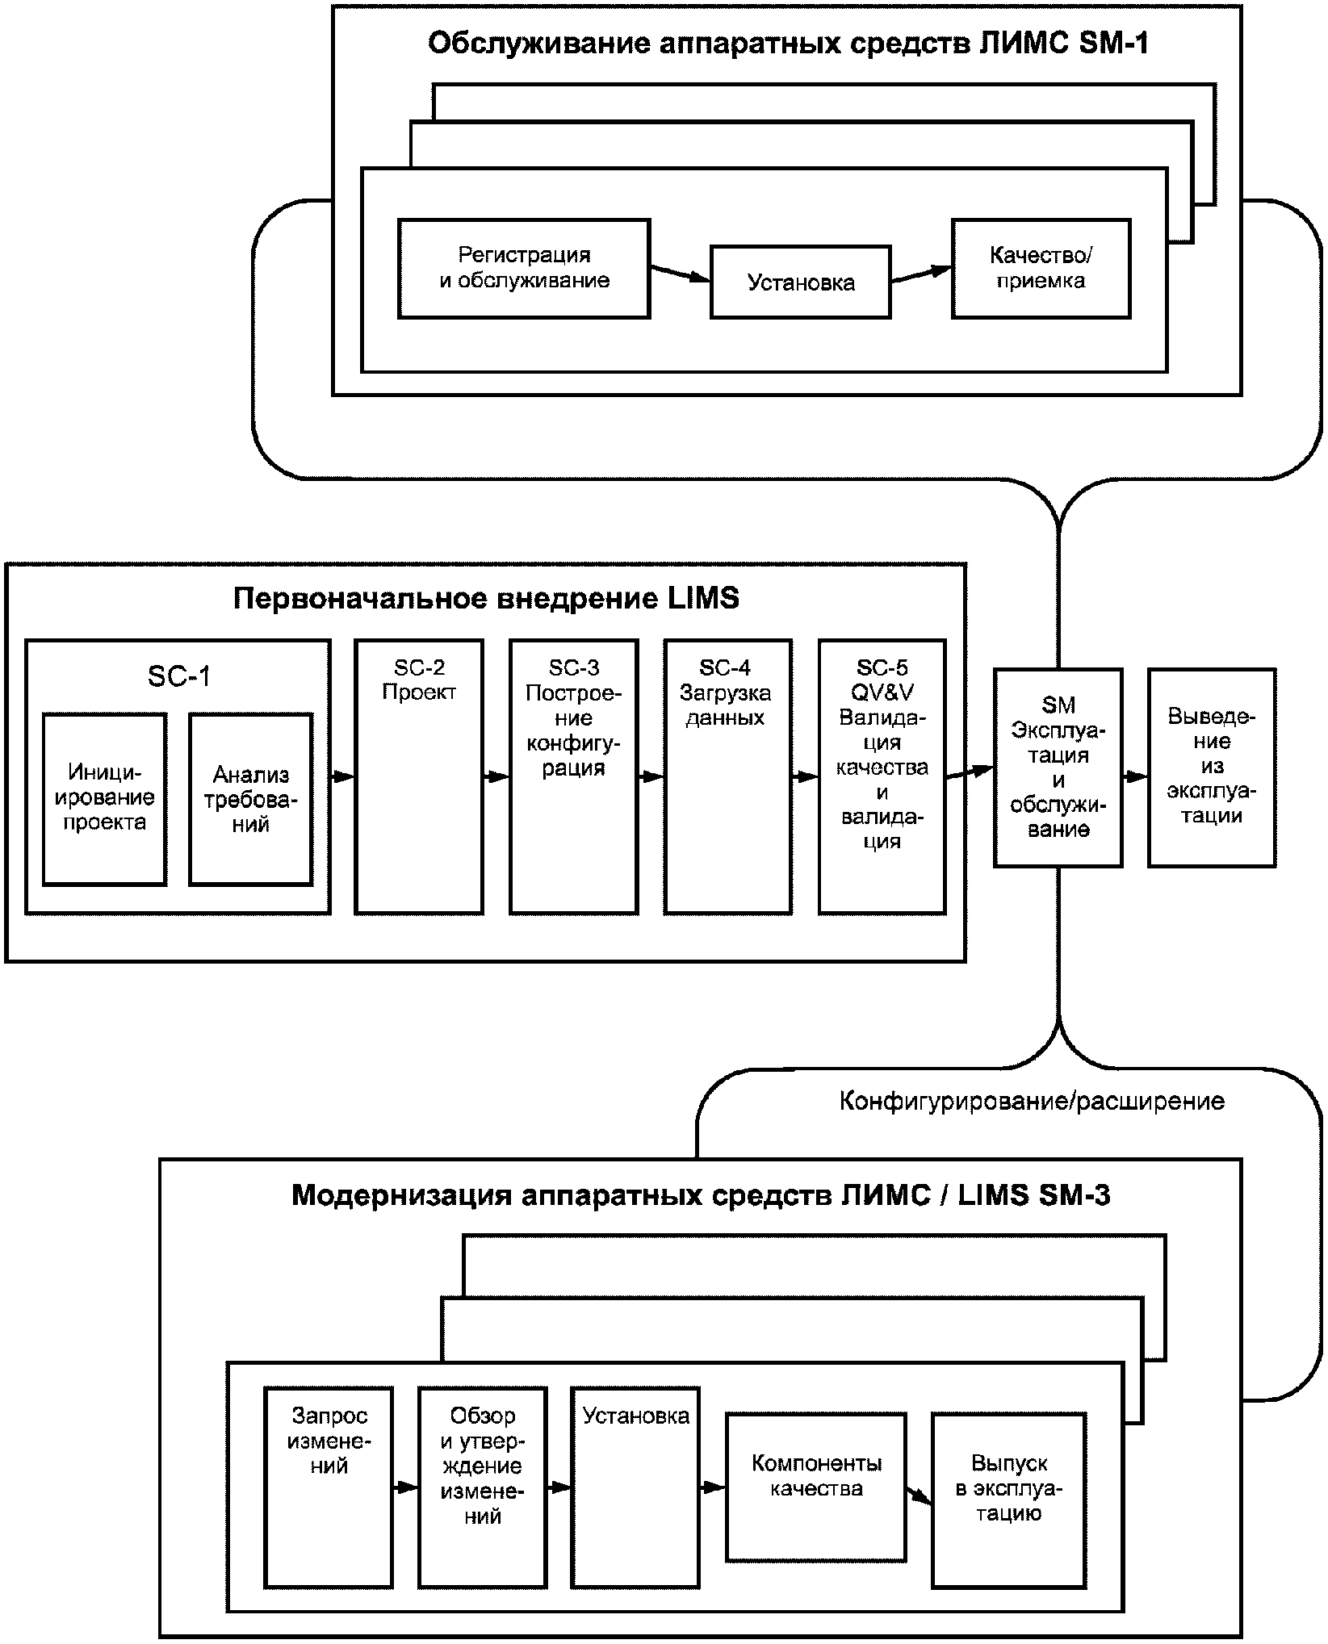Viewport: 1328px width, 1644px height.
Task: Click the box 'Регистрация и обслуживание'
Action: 524,268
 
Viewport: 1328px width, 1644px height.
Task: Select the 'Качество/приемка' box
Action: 1041,268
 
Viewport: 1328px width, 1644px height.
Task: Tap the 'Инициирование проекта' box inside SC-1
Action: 105,799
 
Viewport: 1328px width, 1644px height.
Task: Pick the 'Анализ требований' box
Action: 251,799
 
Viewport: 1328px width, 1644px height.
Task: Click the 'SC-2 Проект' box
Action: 419,776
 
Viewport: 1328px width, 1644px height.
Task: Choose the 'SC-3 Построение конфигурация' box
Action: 573,776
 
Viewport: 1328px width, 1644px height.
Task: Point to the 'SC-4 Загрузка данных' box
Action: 727,776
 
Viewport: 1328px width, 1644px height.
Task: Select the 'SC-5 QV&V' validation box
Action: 882,776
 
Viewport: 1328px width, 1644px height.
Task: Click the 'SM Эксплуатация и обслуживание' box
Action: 1058,768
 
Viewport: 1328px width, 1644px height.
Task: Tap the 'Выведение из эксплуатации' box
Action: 1212,768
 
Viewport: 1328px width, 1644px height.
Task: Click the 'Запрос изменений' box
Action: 329,1487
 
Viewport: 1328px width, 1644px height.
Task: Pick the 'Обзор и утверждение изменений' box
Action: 482,1487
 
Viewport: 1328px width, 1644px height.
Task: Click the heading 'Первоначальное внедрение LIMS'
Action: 486,599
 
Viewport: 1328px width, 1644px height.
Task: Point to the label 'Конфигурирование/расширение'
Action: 1032,1101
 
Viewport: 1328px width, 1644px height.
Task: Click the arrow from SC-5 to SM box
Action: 970,773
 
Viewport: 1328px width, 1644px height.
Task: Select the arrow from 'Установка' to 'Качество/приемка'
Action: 921,275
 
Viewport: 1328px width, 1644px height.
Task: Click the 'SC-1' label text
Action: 178,676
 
